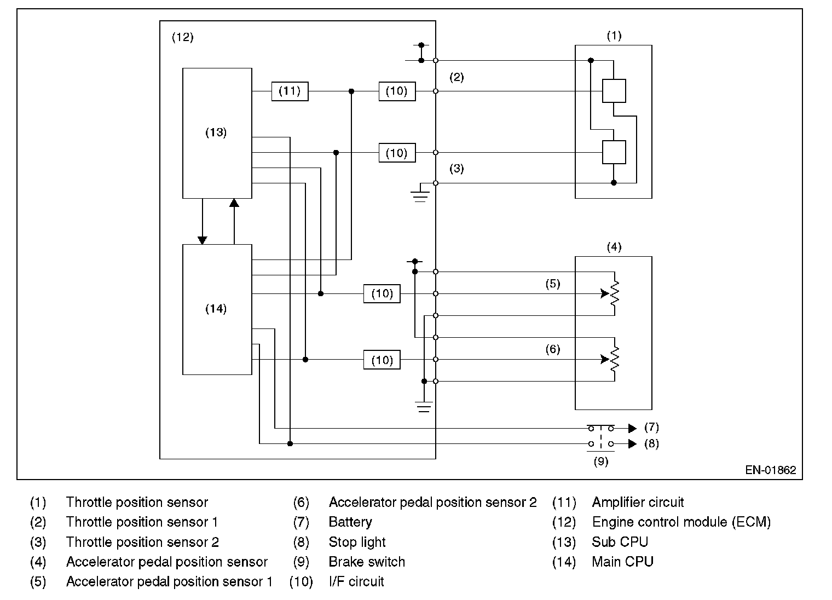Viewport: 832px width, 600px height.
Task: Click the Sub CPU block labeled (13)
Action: (x=217, y=133)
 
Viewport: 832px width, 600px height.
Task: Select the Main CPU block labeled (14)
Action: (x=217, y=309)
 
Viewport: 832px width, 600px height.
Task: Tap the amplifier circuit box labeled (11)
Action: (x=290, y=91)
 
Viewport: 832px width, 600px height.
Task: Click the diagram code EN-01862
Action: (x=770, y=470)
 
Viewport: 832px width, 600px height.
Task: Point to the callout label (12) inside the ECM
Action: (x=183, y=37)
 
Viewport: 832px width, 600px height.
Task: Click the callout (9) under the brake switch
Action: (x=601, y=461)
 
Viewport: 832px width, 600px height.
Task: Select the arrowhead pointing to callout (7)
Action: (x=632, y=428)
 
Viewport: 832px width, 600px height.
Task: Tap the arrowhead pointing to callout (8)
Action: (x=632, y=443)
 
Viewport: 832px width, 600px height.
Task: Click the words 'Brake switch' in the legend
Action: (x=367, y=562)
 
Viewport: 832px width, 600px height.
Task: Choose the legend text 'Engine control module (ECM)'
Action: (x=681, y=522)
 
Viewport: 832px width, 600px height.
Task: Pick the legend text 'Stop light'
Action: (x=357, y=542)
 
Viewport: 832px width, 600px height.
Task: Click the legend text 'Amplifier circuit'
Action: (x=638, y=503)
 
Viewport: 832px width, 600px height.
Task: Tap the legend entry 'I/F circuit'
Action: (x=356, y=581)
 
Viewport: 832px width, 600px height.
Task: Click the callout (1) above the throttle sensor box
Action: (x=614, y=36)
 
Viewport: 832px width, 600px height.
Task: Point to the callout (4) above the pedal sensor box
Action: (x=614, y=247)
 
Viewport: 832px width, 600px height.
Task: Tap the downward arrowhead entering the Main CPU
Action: (x=203, y=240)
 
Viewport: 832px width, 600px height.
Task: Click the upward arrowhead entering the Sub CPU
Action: (x=234, y=203)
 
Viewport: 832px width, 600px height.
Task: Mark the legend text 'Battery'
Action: (x=350, y=522)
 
